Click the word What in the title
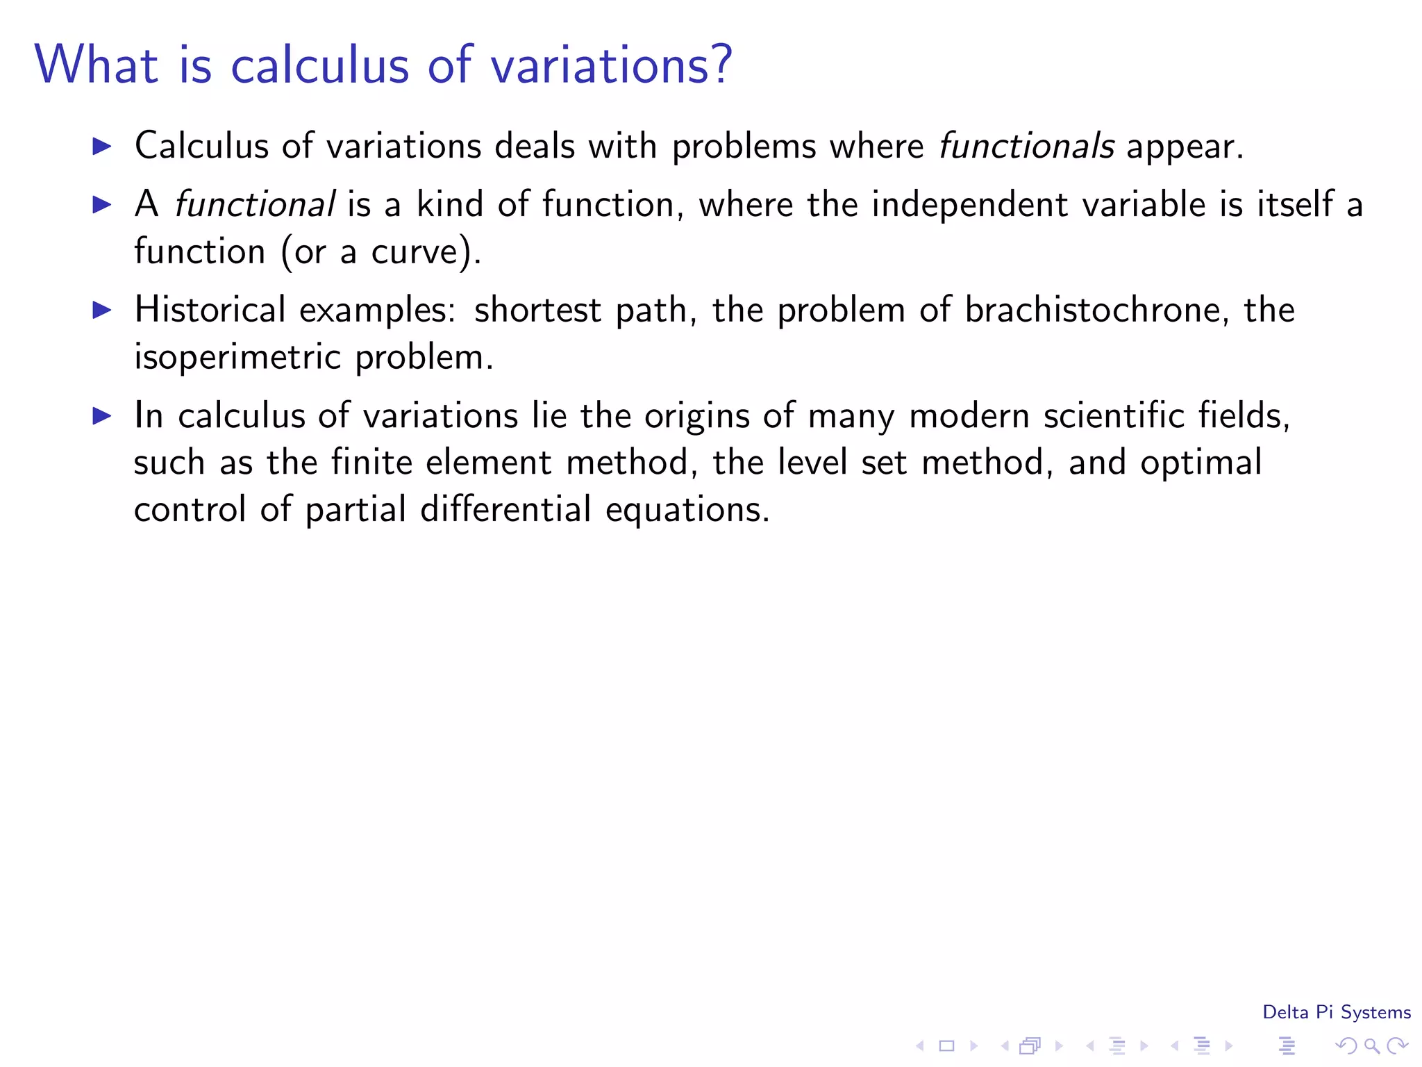tap(97, 64)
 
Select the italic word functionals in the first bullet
tap(1026, 146)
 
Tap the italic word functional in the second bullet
tap(255, 204)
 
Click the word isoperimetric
tap(237, 357)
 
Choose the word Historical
tap(210, 310)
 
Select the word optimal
tap(1201, 463)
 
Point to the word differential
tap(505, 509)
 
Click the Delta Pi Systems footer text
tap(1336, 1012)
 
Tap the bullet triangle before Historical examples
tap(102, 310)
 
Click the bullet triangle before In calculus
tap(102, 415)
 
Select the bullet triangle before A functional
tap(102, 204)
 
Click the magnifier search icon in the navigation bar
tap(1371, 1045)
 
